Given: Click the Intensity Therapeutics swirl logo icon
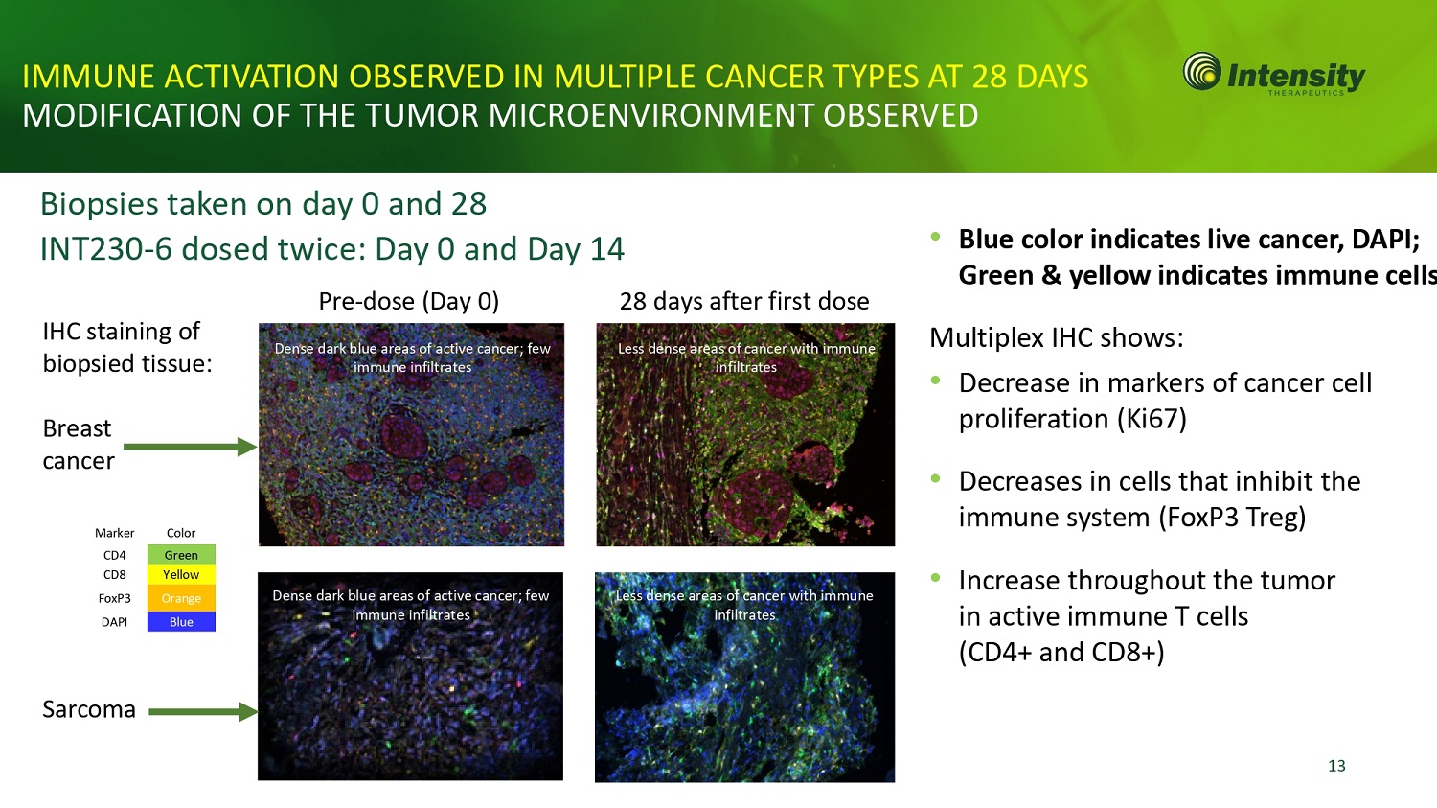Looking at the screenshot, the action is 1202,71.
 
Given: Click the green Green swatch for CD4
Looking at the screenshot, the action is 181,555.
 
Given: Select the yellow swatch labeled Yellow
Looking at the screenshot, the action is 181,574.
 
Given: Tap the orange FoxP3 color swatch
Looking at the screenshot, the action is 181,598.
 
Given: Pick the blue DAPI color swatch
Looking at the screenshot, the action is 181,621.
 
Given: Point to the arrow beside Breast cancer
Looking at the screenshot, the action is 190,447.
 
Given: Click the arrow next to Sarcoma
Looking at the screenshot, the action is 203,712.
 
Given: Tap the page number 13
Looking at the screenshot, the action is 1336,766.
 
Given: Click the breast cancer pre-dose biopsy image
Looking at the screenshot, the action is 411,434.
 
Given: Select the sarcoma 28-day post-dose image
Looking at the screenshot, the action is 744,677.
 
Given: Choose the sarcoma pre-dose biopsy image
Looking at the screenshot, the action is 411,677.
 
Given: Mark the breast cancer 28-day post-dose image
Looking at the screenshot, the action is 745,434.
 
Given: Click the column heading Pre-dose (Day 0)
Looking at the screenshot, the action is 409,301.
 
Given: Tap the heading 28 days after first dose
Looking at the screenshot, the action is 744,301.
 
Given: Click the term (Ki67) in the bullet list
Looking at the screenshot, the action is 1152,419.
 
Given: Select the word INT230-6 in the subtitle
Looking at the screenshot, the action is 105,249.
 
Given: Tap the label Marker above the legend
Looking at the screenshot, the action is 114,533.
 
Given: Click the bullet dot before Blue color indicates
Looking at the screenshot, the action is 935,236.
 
